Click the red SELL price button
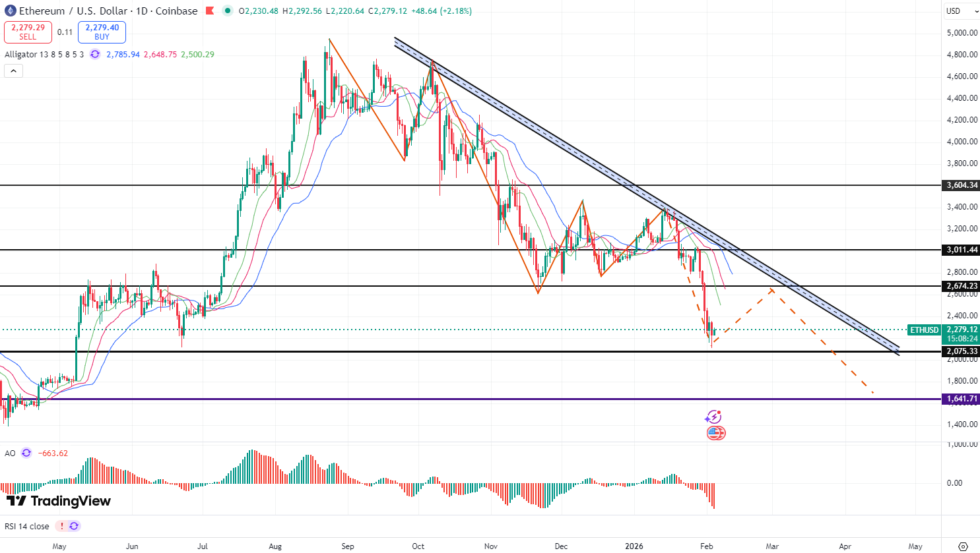pos(28,32)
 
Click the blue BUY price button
pos(102,32)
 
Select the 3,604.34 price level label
pos(962,185)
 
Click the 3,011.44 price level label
pos(962,250)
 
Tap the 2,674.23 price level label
pos(962,286)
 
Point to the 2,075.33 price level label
pos(962,351)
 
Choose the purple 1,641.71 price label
pos(962,399)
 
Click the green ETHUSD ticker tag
pos(924,330)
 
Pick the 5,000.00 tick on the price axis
pos(962,33)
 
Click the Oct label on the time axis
pos(418,546)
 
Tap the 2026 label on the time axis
pos(634,546)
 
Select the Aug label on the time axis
pos(275,546)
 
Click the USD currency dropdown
pos(961,11)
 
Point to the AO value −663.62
pos(53,453)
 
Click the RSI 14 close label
pos(27,526)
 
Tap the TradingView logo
pos(59,501)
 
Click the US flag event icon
pos(715,433)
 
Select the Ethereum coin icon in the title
pos(10,11)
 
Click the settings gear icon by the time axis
pos(963,546)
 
